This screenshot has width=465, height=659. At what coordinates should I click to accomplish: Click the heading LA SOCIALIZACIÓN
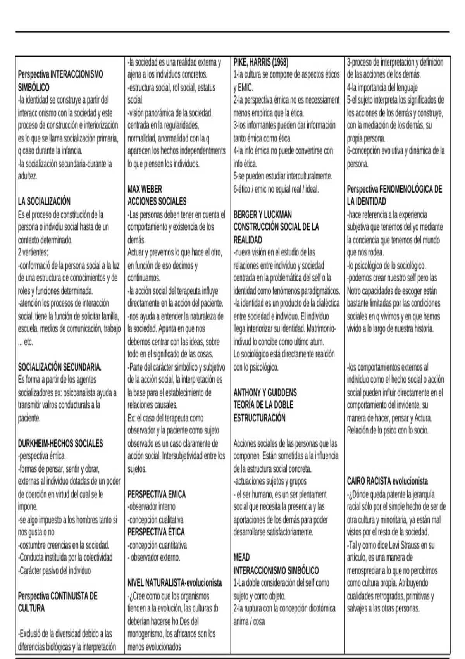[x=44, y=202]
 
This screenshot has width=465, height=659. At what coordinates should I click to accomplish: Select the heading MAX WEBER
[x=145, y=189]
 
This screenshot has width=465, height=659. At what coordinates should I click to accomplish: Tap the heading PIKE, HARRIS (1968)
[x=261, y=62]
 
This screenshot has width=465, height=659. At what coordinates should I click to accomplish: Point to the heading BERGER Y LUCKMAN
[x=263, y=214]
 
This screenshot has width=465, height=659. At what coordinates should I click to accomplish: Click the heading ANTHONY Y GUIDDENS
[x=265, y=392]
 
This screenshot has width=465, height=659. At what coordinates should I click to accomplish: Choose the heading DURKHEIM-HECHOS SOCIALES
[x=60, y=443]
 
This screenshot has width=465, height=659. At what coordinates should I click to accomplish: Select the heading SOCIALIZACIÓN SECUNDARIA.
[x=60, y=367]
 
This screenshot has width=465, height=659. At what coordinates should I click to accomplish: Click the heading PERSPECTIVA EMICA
[x=157, y=494]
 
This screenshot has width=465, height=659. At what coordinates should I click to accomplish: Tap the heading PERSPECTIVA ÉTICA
[x=156, y=532]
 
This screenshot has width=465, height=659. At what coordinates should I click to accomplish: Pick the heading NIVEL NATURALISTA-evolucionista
[x=175, y=583]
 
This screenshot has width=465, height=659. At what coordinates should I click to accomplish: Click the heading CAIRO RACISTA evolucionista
[x=387, y=481]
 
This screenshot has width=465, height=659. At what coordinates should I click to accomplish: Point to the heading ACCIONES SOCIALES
[x=157, y=202]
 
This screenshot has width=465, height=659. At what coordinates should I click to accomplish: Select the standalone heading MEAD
[x=241, y=557]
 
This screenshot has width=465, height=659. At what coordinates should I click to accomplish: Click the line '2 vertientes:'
[x=33, y=253]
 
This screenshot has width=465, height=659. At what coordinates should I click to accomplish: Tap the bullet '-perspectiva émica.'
[x=42, y=456]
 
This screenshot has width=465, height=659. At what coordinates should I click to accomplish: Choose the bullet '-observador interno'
[x=152, y=507]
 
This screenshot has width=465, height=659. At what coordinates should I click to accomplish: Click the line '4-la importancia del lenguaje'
[x=382, y=88]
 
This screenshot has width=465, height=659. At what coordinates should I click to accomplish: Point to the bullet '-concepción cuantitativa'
[x=157, y=545]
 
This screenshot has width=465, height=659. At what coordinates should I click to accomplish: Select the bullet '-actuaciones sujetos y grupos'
[x=270, y=481]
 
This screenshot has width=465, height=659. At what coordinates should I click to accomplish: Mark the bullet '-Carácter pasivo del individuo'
[x=54, y=571]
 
